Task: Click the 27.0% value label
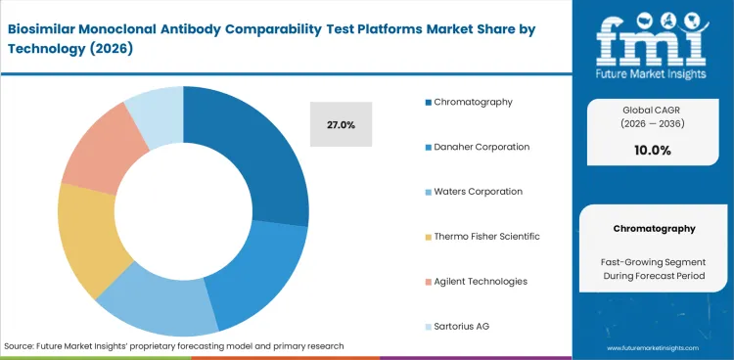tap(341, 125)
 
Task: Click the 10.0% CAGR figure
tap(653, 151)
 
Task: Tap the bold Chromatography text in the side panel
tap(653, 228)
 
